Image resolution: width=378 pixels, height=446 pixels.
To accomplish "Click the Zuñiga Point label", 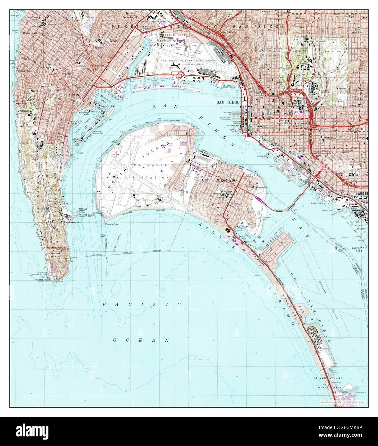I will pos(112,224).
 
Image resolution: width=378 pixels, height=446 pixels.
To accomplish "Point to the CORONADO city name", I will pos(226,180).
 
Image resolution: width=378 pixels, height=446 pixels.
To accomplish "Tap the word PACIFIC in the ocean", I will pos(142,304).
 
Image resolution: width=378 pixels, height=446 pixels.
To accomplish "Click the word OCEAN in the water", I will pos(141,340).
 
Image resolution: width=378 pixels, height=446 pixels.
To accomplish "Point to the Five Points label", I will pos(227,33).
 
